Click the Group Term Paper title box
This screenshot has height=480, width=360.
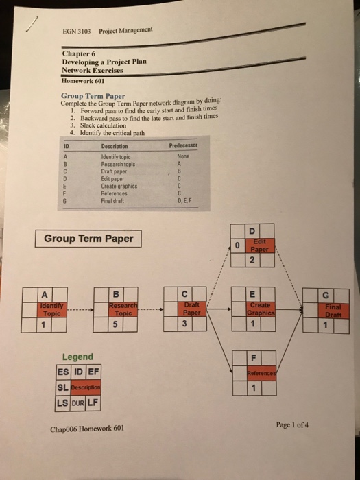88,239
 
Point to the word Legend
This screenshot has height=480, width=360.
77,357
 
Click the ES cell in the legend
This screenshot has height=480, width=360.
64,372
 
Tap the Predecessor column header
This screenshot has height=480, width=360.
182,145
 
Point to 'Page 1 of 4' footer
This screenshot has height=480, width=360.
293,424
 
